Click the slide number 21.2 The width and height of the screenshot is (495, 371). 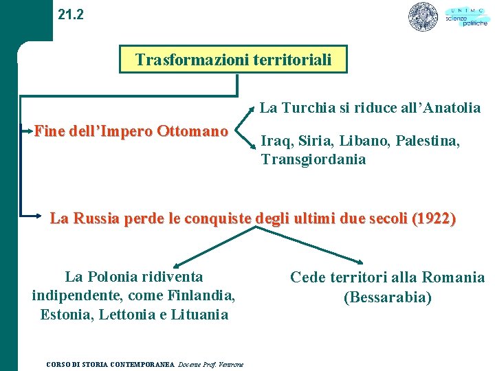[x=71, y=14]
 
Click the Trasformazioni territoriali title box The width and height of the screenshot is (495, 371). [x=233, y=60]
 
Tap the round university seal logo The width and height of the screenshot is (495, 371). [x=423, y=17]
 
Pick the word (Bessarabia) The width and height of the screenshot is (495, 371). [x=388, y=297]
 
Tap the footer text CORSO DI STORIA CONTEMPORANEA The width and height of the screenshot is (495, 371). [x=110, y=363]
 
